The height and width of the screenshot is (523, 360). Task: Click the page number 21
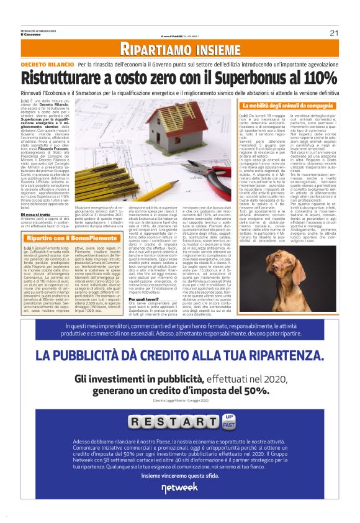tap(333, 33)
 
